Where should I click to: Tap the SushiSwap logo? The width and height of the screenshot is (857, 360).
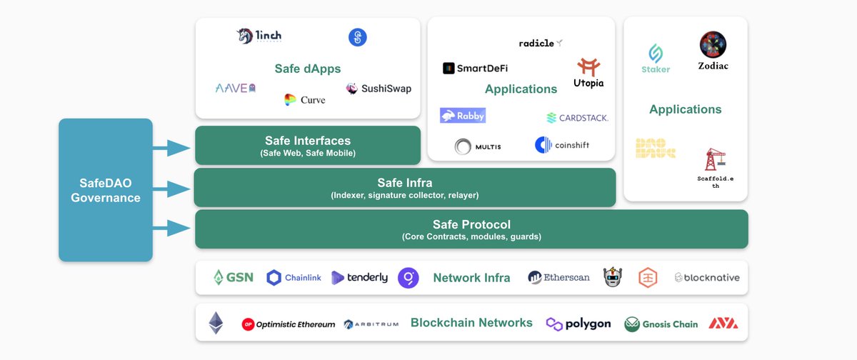click(x=379, y=89)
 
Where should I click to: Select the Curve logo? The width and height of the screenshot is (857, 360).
click(x=304, y=100)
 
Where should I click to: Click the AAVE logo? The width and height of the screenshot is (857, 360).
click(x=236, y=88)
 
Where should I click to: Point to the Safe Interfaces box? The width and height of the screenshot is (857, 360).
click(x=308, y=146)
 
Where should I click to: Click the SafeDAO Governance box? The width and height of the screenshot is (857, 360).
click(x=106, y=189)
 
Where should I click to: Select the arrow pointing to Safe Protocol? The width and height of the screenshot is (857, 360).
click(x=171, y=229)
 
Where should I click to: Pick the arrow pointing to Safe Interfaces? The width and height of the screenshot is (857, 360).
click(x=171, y=148)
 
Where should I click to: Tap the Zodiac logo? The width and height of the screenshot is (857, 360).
click(x=713, y=50)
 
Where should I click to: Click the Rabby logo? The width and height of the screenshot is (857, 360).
click(x=463, y=115)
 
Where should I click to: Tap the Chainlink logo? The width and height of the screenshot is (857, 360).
click(x=294, y=278)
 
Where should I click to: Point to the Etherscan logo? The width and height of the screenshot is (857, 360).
click(x=558, y=277)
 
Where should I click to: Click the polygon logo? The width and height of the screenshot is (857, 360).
click(x=578, y=324)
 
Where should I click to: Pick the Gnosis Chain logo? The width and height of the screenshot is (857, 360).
click(x=661, y=324)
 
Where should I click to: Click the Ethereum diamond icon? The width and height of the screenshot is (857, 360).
click(x=216, y=323)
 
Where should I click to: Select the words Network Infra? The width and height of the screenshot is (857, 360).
click(x=471, y=278)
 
